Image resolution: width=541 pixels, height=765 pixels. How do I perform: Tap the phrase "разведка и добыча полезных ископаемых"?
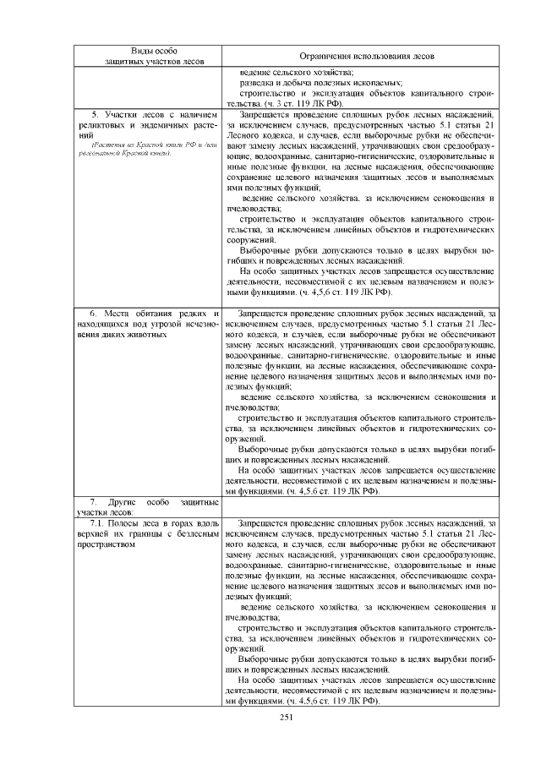(320, 83)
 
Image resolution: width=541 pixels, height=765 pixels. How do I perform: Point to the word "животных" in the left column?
(139, 336)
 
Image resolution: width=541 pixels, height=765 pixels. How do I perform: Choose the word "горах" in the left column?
(185, 525)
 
